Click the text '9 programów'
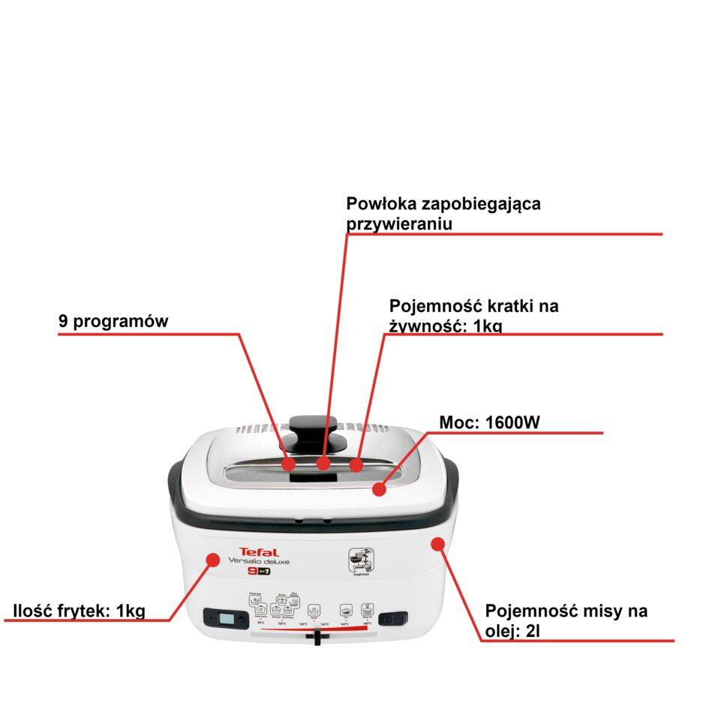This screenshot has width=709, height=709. (x=113, y=321)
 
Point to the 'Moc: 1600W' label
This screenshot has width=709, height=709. (x=489, y=422)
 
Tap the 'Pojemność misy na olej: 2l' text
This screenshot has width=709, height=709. (x=566, y=620)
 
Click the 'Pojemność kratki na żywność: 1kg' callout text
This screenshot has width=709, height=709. (x=473, y=316)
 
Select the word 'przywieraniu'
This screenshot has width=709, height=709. (x=399, y=224)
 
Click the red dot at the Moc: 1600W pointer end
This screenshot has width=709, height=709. (x=379, y=489)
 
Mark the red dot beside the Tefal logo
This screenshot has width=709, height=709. (x=213, y=559)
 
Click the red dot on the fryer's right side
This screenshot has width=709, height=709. (x=437, y=542)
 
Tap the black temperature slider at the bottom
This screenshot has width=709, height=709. (x=318, y=638)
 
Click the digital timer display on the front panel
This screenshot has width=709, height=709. (x=225, y=619)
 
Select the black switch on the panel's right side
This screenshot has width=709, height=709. (x=393, y=619)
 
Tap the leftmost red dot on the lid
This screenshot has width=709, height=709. (x=289, y=464)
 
